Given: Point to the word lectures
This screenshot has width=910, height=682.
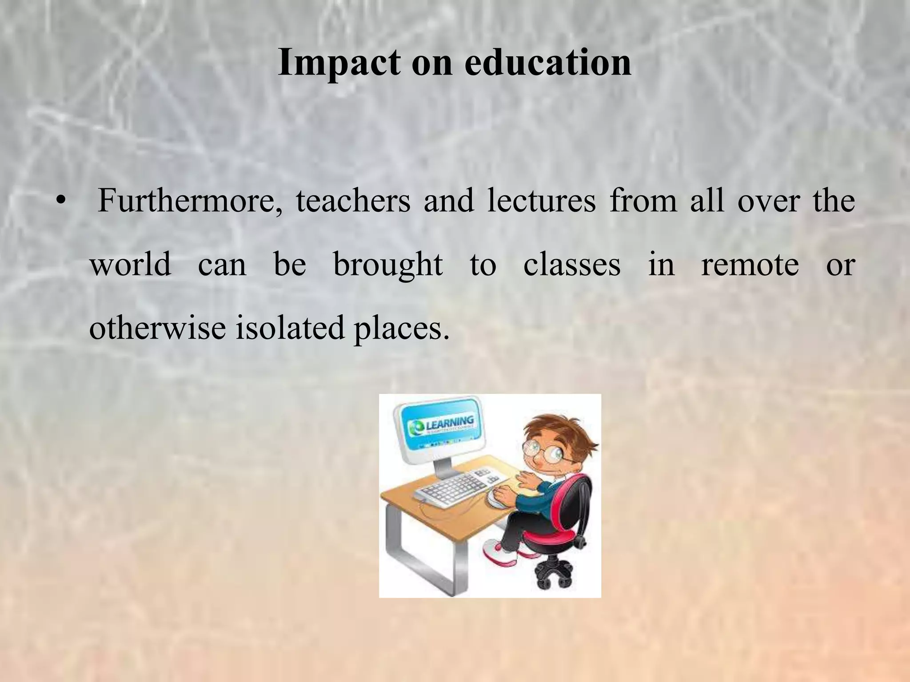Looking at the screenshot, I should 541,201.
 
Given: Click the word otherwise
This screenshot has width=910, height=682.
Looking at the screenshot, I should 157,329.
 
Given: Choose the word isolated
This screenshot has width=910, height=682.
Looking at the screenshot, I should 290,329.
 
